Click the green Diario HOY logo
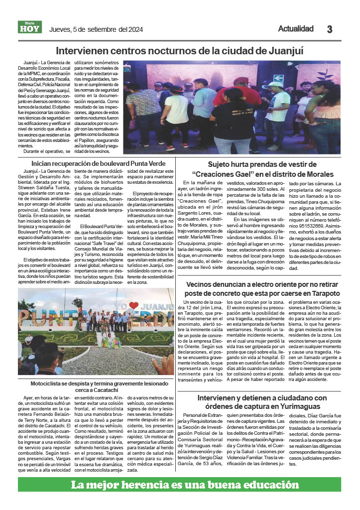click(30, 28)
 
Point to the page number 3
click(329, 29)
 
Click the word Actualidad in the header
click(296, 29)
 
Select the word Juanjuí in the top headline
click(283, 51)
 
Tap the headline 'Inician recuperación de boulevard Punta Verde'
click(98, 163)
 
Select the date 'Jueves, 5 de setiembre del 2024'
click(96, 29)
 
